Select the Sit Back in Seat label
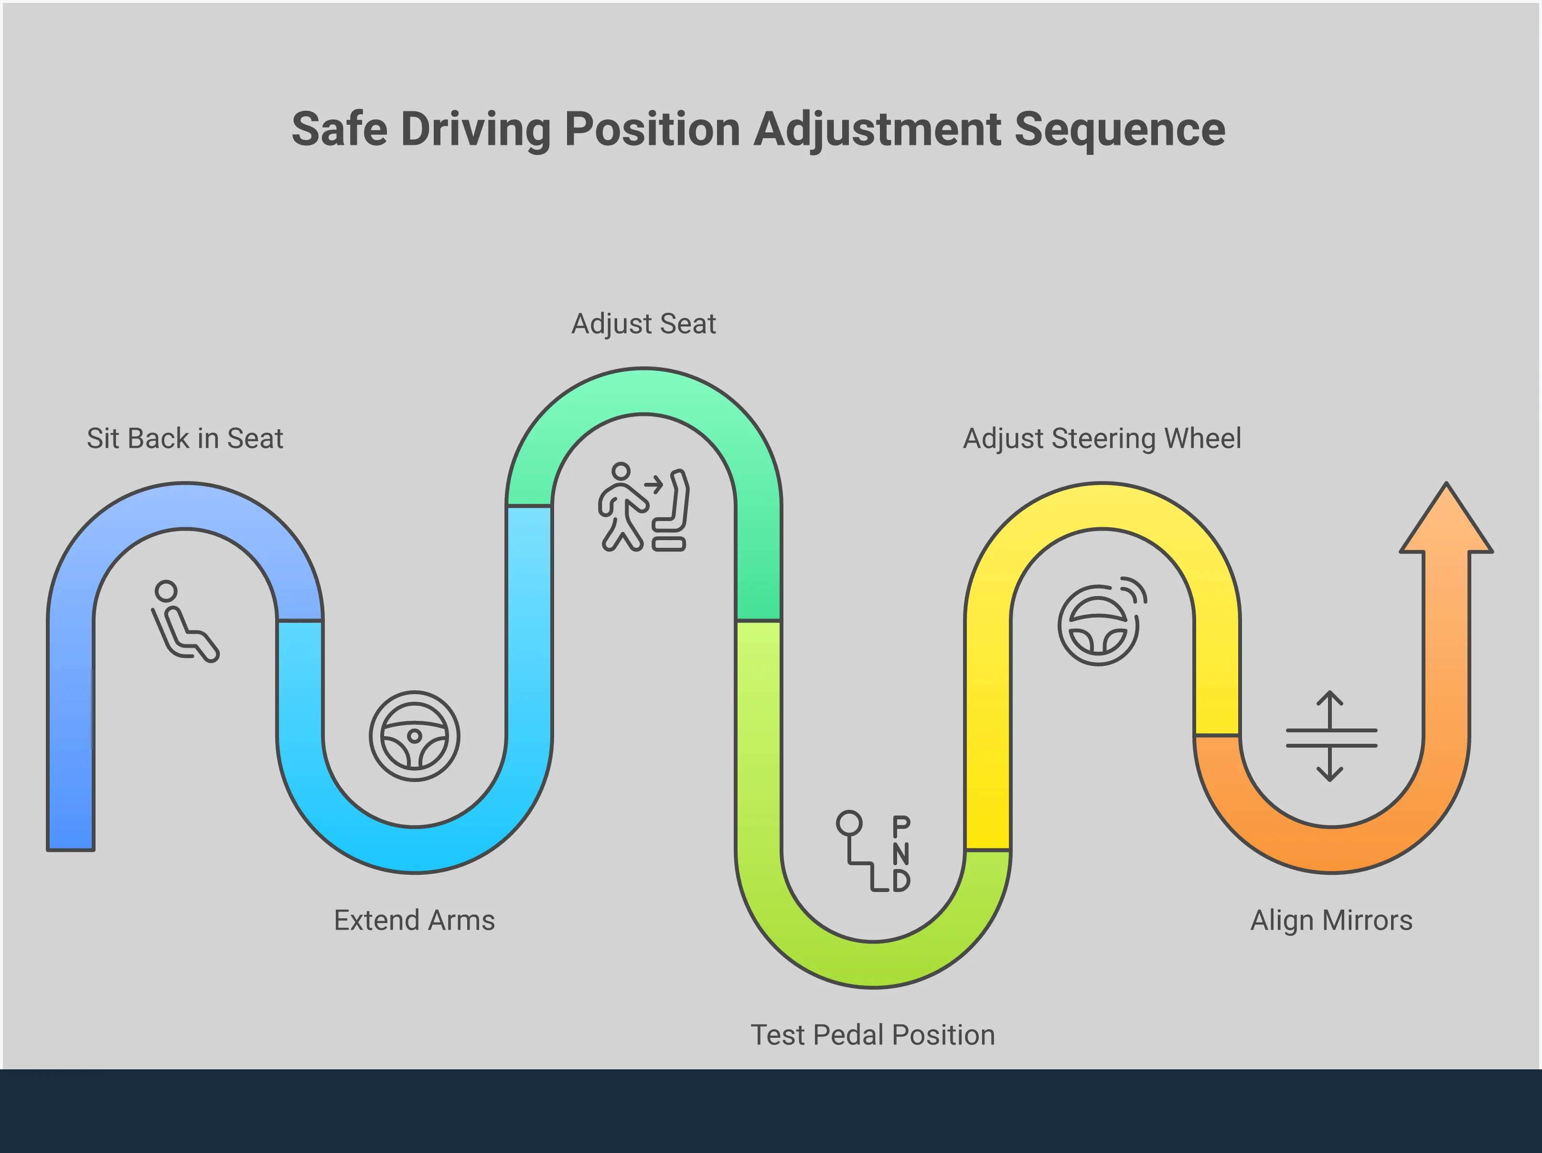coord(185,439)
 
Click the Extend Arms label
coord(414,920)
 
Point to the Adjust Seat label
coord(643,324)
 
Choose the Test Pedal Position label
coord(872,1035)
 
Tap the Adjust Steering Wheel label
coord(1102,439)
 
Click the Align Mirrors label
coord(1331,920)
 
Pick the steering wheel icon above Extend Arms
coord(414,736)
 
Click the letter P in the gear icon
coord(900,827)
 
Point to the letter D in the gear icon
coord(900,880)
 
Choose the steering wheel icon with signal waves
coord(1101,621)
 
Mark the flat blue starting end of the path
coord(70,844)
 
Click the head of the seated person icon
coord(166,591)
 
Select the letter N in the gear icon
coord(900,854)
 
